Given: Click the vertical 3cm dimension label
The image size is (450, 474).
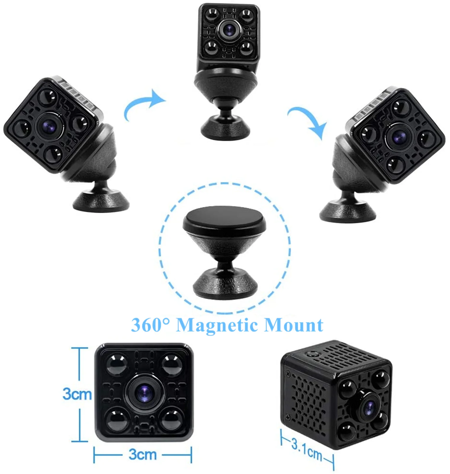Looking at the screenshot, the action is tap(77, 394).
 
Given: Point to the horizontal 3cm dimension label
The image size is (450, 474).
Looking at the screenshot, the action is tap(142, 454).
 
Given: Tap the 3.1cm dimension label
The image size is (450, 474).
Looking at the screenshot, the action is tap(307, 449).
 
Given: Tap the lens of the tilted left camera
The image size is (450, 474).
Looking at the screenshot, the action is tap(49, 126).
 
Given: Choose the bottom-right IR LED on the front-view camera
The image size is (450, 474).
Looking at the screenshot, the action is tap(172, 420).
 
